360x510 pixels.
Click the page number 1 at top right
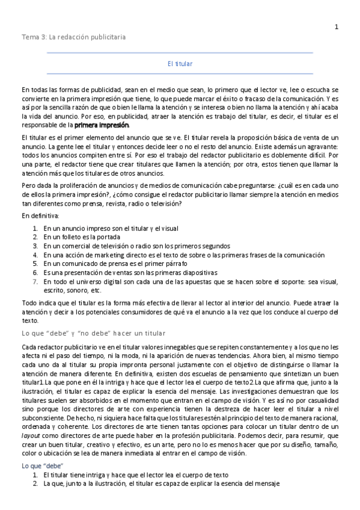pos(337,26)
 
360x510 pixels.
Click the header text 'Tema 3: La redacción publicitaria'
pos(73,37)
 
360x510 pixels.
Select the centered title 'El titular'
pos(180,63)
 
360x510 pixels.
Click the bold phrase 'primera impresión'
pos(102,125)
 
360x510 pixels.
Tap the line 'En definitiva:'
pos(41,215)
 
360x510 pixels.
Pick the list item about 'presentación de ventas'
pos(115,272)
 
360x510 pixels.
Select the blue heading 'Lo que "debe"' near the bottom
pos(43,466)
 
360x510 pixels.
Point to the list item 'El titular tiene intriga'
pos(144,475)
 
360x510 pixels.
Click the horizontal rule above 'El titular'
pos(180,53)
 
